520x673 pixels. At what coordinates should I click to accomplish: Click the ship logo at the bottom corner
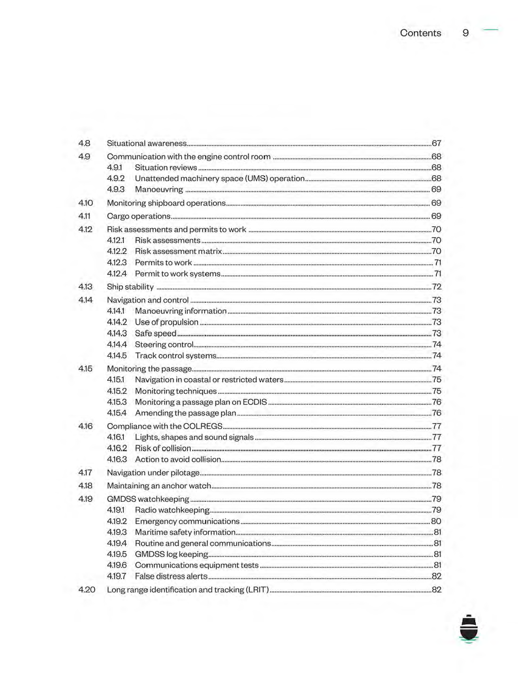pos(469,628)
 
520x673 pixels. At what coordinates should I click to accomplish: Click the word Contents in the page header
pos(420,33)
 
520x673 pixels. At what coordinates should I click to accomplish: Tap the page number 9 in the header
pos(465,33)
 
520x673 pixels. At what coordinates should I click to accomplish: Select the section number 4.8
pos(84,143)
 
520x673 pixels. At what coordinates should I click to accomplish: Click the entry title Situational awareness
pos(147,143)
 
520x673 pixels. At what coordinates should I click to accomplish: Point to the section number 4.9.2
pos(116,178)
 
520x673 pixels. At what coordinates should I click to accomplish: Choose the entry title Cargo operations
pos(139,216)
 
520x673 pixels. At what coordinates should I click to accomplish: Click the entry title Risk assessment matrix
pos(178,251)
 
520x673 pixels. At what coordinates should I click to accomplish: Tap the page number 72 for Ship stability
pos(436,287)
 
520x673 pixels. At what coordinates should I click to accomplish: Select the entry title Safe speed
pos(156,333)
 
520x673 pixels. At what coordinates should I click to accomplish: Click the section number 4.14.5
pos(117,356)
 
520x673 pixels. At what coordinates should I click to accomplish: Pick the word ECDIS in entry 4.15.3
pos(254,402)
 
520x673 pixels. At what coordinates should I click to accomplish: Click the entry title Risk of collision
pos(163,448)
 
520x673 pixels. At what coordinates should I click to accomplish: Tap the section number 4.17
pos(85,473)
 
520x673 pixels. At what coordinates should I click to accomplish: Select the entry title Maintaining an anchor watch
pos(159,486)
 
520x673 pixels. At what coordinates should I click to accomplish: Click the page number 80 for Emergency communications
pos(436,521)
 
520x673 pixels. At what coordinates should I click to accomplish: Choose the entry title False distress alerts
pos(171,576)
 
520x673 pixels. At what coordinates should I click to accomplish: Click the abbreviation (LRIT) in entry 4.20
pos(258,590)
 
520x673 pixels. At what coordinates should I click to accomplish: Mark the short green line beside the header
pos(491,30)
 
